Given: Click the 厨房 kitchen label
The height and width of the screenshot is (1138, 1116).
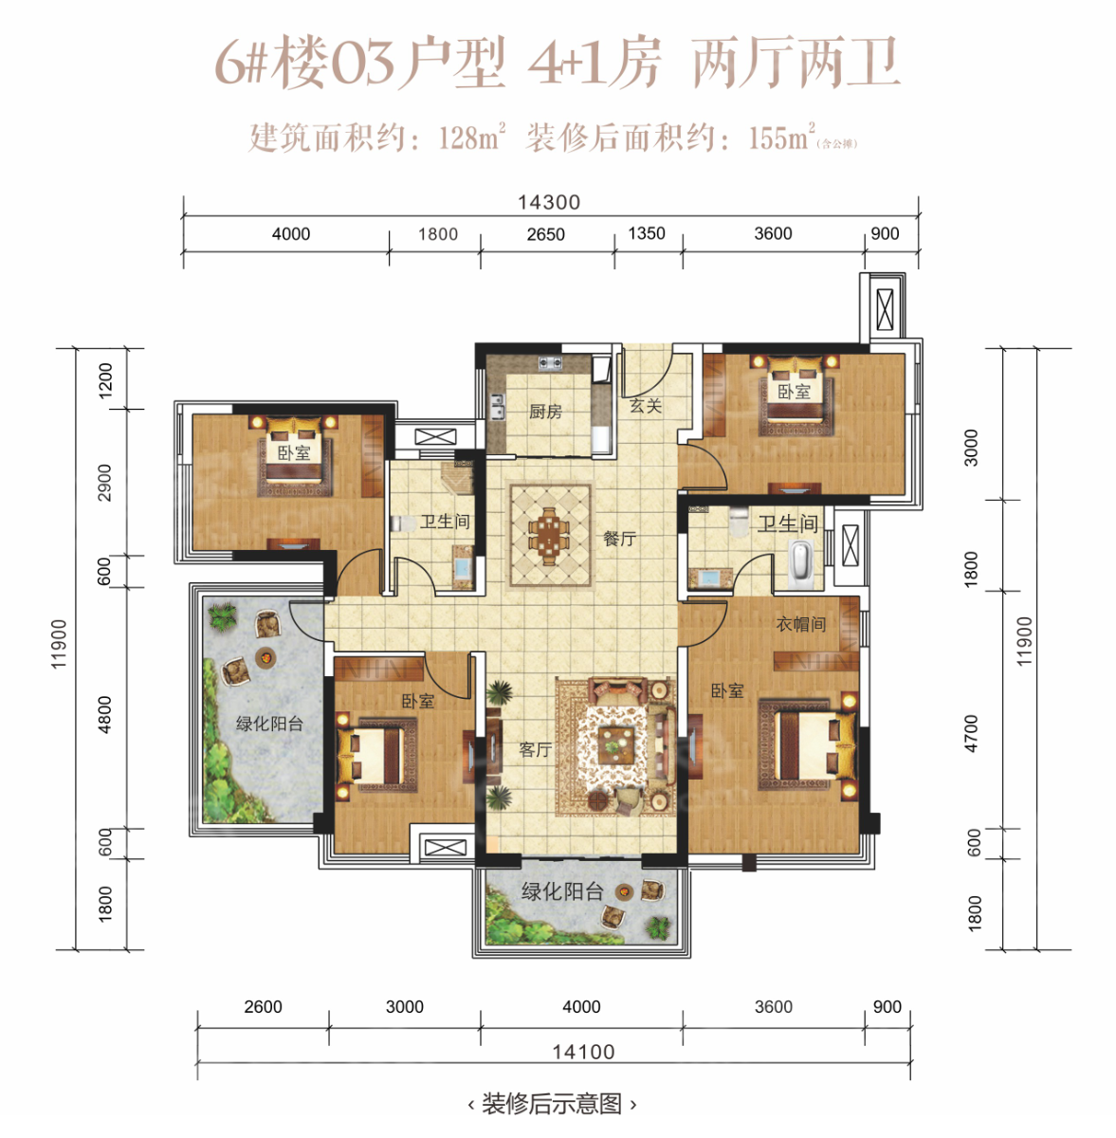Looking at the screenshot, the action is [x=545, y=412].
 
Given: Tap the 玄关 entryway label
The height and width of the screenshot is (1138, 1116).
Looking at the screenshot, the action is [x=646, y=406].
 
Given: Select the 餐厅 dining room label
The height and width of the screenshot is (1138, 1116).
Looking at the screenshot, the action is [x=619, y=539].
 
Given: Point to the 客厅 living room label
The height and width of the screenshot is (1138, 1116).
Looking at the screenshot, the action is [x=535, y=750].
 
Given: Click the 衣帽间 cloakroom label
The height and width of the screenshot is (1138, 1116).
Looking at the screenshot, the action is [x=800, y=624].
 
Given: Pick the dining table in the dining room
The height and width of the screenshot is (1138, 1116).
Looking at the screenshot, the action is [x=550, y=536].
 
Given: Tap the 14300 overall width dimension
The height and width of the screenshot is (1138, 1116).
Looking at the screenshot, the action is [x=549, y=203].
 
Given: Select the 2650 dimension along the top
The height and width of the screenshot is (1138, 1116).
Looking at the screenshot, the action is [x=545, y=234].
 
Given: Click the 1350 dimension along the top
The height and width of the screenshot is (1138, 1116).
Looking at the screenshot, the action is [x=647, y=234].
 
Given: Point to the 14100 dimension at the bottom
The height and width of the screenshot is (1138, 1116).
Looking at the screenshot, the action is [x=583, y=1052].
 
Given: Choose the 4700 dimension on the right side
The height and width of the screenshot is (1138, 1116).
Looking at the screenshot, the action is [x=971, y=733].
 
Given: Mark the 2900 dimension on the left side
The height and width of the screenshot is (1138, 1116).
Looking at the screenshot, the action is [x=104, y=483].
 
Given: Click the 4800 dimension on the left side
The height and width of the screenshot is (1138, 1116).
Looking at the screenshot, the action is [x=104, y=715].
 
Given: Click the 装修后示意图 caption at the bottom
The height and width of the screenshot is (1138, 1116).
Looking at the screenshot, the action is [x=552, y=1104].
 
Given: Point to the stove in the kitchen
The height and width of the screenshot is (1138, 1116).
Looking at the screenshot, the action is [x=550, y=363].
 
